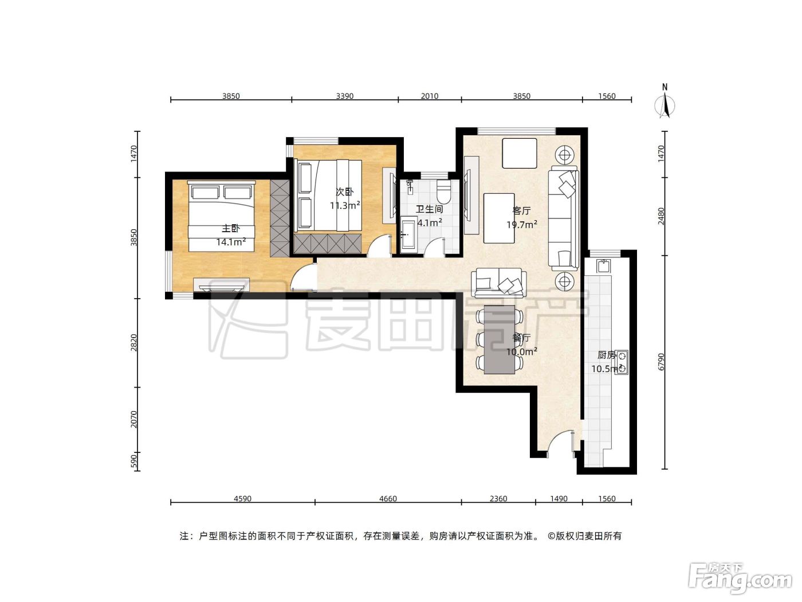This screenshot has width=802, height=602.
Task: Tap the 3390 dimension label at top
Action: pyautogui.click(x=344, y=96)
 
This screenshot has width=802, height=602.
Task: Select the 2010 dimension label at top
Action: pyautogui.click(x=429, y=96)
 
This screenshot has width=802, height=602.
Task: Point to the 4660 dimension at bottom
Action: pyautogui.click(x=388, y=499)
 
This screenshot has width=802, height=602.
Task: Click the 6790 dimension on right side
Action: pyautogui.click(x=661, y=362)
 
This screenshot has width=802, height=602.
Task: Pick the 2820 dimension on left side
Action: pyautogui.click(x=134, y=342)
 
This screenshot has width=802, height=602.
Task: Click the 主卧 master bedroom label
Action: pyautogui.click(x=231, y=228)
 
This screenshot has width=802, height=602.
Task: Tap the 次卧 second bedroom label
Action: pyautogui.click(x=344, y=192)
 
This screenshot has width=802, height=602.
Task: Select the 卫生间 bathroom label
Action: pyautogui.click(x=429, y=209)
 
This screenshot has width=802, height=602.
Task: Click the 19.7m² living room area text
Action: pyautogui.click(x=522, y=224)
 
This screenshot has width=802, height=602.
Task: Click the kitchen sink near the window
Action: pyautogui.click(x=604, y=265)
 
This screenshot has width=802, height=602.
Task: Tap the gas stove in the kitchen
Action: pyautogui.click(x=622, y=362)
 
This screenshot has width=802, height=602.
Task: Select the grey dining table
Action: pyautogui.click(x=500, y=339)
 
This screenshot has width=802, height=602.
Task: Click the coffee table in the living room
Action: pyautogui.click(x=499, y=218)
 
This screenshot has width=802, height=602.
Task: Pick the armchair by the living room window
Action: pyautogui.click(x=519, y=153)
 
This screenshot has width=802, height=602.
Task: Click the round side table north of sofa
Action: pyautogui.click(x=564, y=155)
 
